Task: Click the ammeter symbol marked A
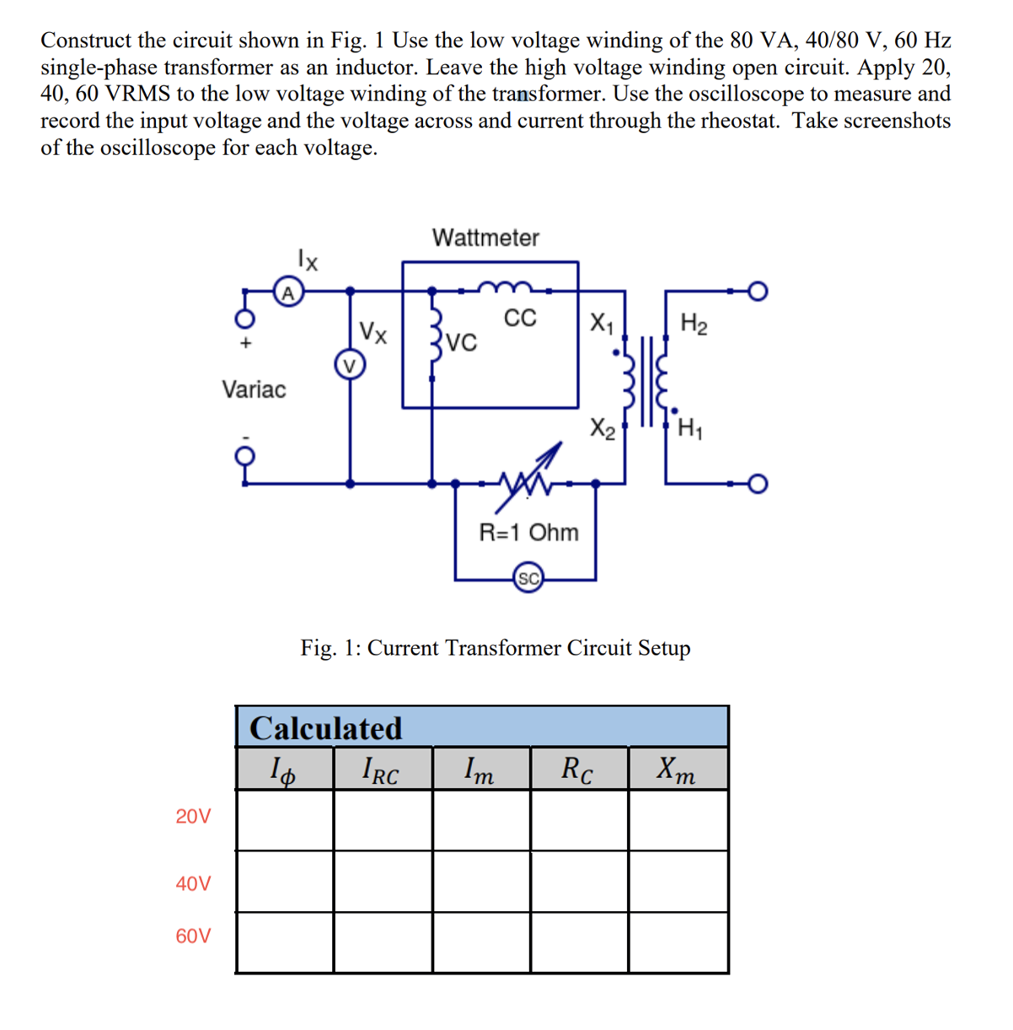tap(287, 293)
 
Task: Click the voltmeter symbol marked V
tap(350, 365)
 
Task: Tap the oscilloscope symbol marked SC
tap(528, 579)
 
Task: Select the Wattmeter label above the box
tap(485, 238)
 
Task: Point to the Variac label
tap(254, 389)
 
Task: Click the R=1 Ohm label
tap(528, 533)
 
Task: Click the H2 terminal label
tap(694, 324)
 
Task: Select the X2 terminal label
tap(602, 428)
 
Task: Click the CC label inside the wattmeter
tap(519, 319)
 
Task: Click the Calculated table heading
tap(326, 728)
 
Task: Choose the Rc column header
tap(577, 770)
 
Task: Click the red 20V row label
tap(194, 817)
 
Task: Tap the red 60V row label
tap(194, 936)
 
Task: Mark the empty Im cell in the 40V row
tap(481, 882)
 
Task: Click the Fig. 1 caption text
tap(496, 648)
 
